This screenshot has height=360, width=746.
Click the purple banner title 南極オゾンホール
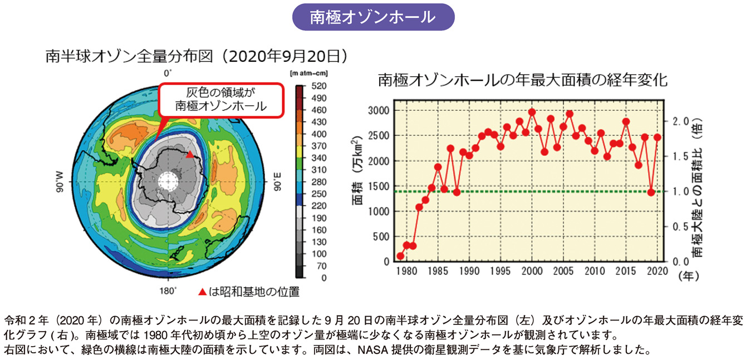click(x=372, y=18)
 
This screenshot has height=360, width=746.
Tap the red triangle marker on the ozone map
click(x=190, y=155)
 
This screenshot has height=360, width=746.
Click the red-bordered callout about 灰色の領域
click(x=221, y=100)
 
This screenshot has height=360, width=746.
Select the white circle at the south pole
click(x=167, y=180)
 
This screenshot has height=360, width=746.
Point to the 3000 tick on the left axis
click(x=378, y=110)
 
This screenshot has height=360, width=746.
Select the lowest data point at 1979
click(x=400, y=257)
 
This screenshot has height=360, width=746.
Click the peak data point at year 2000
click(x=532, y=112)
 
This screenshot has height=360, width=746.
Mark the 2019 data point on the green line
click(x=651, y=192)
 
